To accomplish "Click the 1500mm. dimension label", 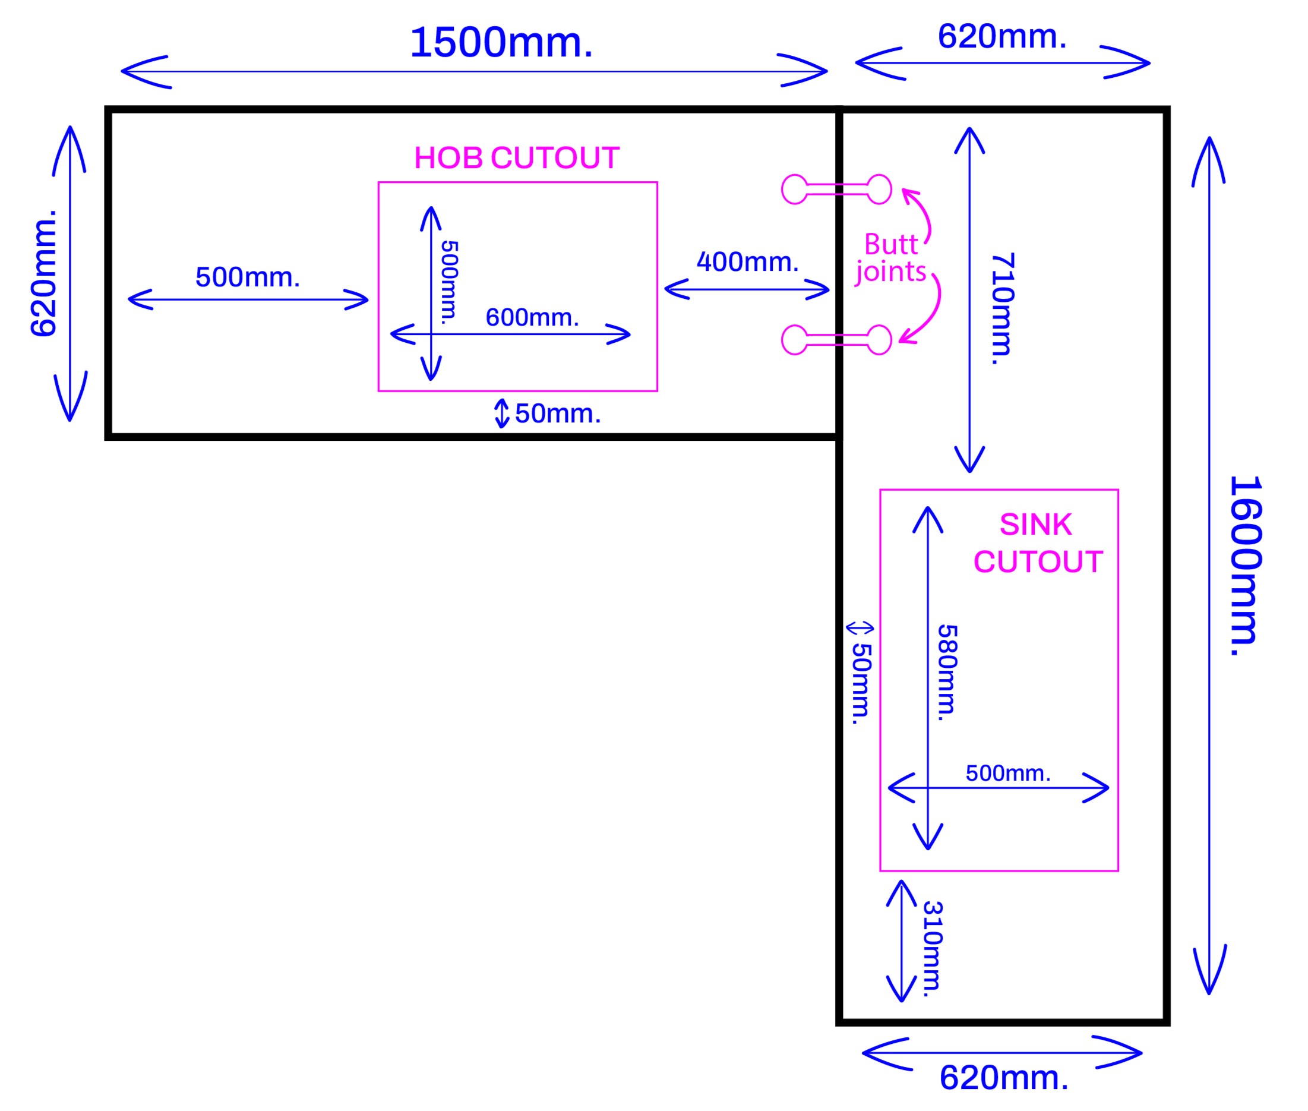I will (x=501, y=43).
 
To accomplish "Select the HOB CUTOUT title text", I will (x=516, y=157).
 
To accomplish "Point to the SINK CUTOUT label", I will (x=1037, y=543).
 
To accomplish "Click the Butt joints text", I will (x=890, y=258).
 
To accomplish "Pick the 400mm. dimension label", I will (x=747, y=261).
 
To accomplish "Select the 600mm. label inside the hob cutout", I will (x=532, y=317).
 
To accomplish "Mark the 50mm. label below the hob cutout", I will (x=557, y=413).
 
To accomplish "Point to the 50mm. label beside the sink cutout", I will (x=861, y=683).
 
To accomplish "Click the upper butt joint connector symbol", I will (x=836, y=189).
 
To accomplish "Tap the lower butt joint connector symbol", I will (x=836, y=340).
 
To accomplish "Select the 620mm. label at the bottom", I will (x=1003, y=1078).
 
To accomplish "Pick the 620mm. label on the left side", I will (x=44, y=273).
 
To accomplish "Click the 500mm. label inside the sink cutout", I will (x=1007, y=773).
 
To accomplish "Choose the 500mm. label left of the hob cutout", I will (x=248, y=277).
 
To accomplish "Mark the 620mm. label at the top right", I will (x=1001, y=36).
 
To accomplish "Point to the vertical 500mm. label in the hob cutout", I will (x=448, y=282).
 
